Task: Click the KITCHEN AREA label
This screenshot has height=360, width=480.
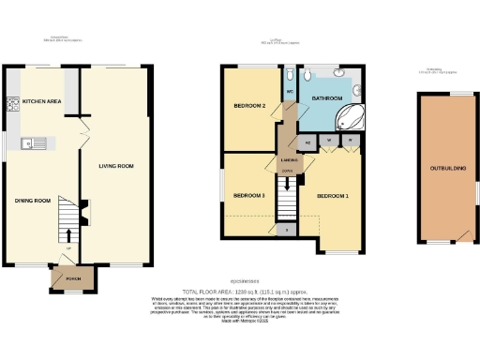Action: click(42, 100)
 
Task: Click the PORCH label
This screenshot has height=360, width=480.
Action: click(68, 278)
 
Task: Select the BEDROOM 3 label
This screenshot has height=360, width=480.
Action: click(249, 195)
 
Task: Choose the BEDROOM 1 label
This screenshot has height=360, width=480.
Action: click(332, 196)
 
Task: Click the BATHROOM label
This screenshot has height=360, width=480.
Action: click(328, 97)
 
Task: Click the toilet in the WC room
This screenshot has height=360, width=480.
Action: click(289, 75)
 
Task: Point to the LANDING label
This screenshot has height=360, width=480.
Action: click(290, 161)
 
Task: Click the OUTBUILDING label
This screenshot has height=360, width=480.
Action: click(446, 169)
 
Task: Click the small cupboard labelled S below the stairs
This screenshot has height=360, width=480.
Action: click(286, 228)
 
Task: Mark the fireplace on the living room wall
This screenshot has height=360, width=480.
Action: click(83, 212)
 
